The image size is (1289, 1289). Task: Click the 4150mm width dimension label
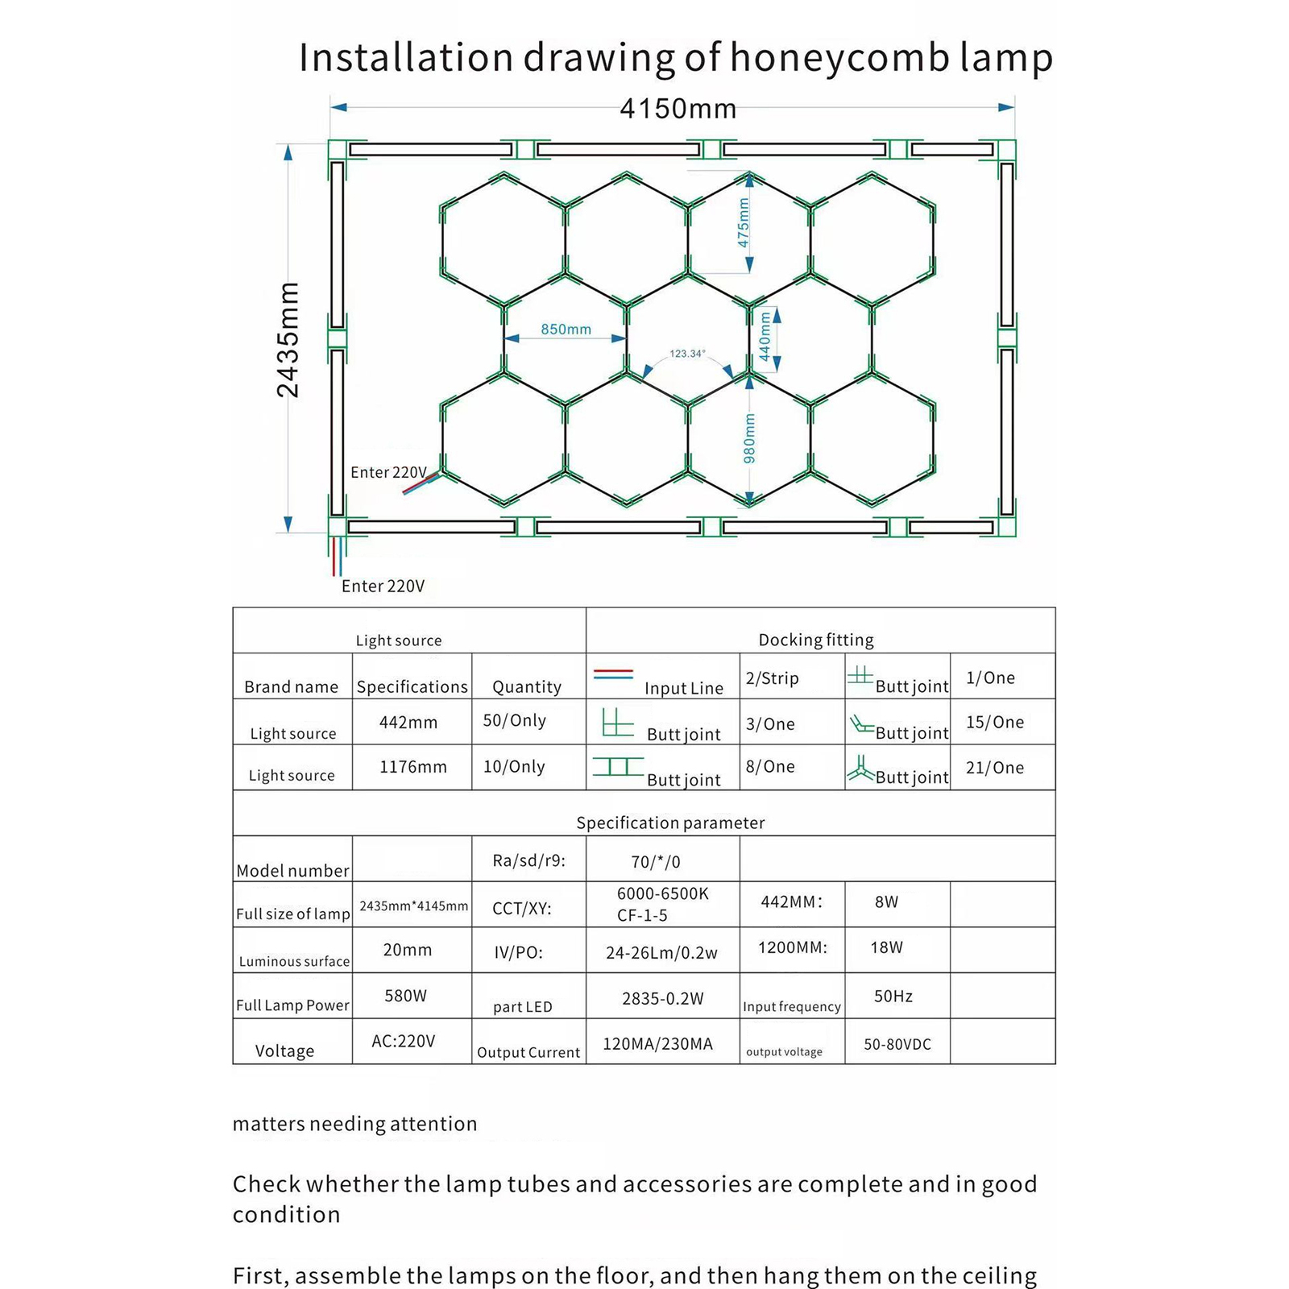678,109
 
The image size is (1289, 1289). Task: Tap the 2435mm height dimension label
288,340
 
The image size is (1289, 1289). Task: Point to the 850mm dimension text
566,330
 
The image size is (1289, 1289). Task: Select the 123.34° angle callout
687,354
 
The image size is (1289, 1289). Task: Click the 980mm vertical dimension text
750,438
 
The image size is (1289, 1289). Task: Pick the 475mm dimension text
744,222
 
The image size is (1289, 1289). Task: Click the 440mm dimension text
765,338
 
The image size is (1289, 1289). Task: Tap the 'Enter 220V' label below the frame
383,586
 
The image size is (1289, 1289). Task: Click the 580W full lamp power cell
405,996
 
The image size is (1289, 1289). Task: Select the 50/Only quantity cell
514,720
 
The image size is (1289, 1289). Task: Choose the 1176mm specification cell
412,767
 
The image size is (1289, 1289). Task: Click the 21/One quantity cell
995,768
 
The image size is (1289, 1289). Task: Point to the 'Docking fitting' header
815,640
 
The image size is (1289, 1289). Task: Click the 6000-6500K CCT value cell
662,894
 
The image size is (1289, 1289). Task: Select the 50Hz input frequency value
893,997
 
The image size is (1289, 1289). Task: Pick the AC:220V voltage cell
403,1041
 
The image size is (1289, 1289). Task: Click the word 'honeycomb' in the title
839,58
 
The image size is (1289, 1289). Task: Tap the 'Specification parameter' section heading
670,823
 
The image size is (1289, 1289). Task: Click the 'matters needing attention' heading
354,1124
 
